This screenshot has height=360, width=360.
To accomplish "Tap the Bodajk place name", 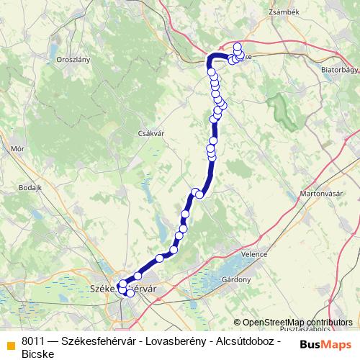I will click(x=32, y=186).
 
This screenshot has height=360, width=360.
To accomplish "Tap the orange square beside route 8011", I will click(x=11, y=343).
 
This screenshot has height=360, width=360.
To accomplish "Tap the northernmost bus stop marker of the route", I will click(x=238, y=47).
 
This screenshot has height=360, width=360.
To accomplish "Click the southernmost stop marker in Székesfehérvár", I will click(x=130, y=293).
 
